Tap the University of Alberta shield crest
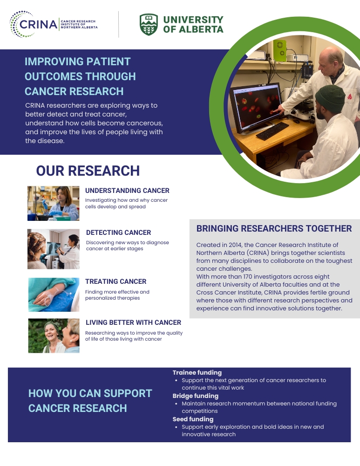tap(149, 25)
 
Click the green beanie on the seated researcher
tap(330, 99)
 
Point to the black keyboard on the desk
tap(272, 131)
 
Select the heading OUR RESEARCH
tap(88, 171)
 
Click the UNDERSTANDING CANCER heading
tap(127, 191)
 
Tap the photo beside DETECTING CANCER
tap(54, 249)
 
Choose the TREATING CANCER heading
tap(116, 281)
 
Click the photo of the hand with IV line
tap(54, 295)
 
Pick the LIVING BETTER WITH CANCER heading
tap(133, 322)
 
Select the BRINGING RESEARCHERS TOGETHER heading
tap(274, 228)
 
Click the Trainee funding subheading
tap(197, 372)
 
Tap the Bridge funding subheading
tap(196, 396)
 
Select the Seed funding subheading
tap(193, 419)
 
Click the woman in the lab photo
tap(64, 204)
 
